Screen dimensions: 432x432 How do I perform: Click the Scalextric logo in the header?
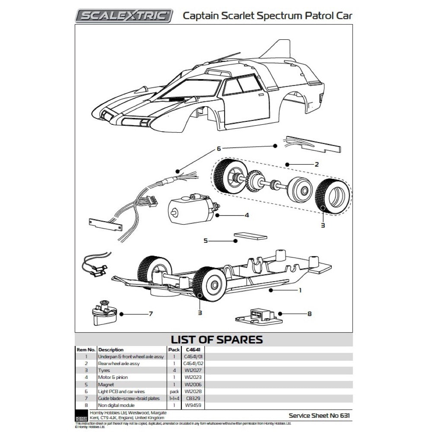[x=124, y=16]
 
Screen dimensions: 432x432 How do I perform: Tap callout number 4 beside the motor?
[x=247, y=215]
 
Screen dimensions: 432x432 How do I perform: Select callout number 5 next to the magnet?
[x=206, y=240]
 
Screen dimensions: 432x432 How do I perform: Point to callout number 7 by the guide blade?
[x=150, y=314]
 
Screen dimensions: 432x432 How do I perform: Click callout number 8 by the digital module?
[x=309, y=314]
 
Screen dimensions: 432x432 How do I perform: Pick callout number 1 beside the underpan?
[x=300, y=291]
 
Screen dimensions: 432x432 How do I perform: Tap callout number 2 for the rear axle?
[x=317, y=165]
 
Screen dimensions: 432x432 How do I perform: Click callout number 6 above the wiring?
[x=219, y=149]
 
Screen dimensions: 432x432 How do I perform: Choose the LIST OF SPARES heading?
[x=217, y=339]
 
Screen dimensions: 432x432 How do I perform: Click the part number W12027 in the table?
[x=192, y=370]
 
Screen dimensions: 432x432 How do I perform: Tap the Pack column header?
[x=174, y=349]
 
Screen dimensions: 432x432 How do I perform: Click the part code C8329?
[x=192, y=398]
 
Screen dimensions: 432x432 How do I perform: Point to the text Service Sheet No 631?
[x=319, y=416]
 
